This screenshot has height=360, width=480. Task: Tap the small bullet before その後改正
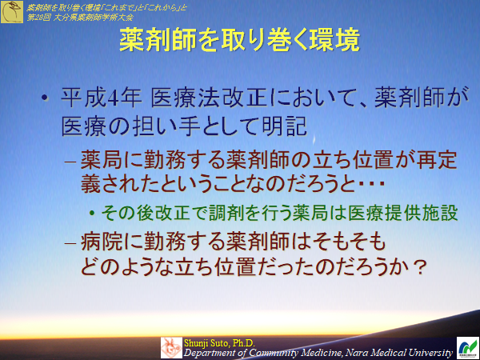pyautogui.click(x=93, y=214)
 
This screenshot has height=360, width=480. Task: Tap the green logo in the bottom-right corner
pyautogui.click(x=466, y=346)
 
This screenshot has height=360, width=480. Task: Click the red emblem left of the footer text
pyautogui.click(x=171, y=346)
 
